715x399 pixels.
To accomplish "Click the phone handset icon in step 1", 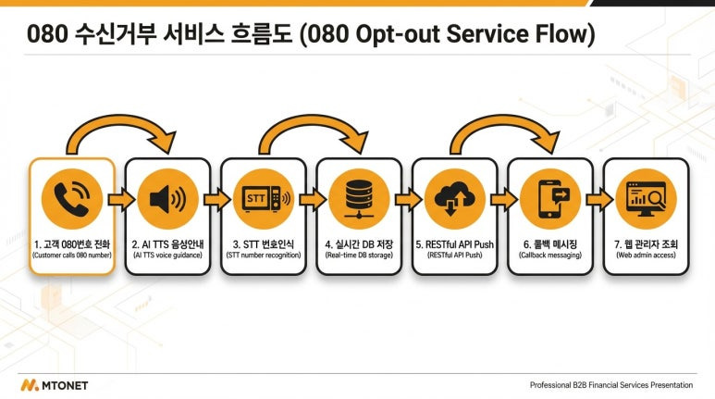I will click(71, 199).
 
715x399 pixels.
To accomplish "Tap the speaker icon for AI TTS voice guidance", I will click(167, 199).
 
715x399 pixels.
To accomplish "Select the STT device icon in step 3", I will click(264, 199).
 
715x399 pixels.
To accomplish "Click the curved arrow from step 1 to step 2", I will click(120, 130).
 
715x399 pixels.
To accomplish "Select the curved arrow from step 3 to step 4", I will click(311, 130).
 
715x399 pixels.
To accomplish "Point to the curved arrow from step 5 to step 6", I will click(502, 130).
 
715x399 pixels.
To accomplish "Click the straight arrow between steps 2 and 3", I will click(216, 199).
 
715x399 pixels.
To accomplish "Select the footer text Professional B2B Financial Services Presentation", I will click(610, 384).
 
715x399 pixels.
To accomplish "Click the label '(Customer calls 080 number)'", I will click(71, 255).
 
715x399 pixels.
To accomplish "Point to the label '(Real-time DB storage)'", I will click(359, 255).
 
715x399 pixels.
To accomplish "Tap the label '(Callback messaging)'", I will click(550, 255).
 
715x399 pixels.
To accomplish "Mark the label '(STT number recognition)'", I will click(264, 255).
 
